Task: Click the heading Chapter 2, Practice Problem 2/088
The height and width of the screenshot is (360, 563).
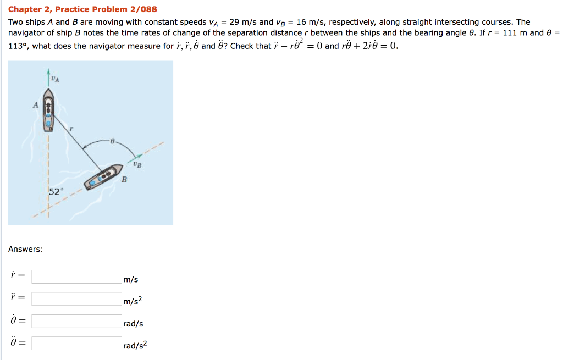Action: (82, 9)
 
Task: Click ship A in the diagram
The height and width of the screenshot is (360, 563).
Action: (49, 115)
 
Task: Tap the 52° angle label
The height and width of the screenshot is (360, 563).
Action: (56, 192)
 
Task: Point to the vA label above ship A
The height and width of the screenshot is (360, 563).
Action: (55, 79)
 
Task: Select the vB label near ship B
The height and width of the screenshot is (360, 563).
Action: (137, 164)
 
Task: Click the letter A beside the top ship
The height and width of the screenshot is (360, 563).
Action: (36, 104)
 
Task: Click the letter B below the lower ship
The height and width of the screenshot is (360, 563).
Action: (124, 180)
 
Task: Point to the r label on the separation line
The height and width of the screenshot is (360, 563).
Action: (70, 128)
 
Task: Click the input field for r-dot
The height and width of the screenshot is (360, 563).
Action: (76, 276)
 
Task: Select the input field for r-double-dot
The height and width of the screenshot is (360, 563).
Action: (76, 298)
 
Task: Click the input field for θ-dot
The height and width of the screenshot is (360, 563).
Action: (76, 321)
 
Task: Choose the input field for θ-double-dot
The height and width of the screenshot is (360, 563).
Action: (76, 343)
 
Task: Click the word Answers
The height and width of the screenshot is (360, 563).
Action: (25, 250)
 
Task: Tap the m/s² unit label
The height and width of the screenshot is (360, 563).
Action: (133, 301)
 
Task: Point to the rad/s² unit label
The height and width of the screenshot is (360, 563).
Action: (135, 346)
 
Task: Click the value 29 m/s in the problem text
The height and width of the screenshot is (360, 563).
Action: (243, 23)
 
